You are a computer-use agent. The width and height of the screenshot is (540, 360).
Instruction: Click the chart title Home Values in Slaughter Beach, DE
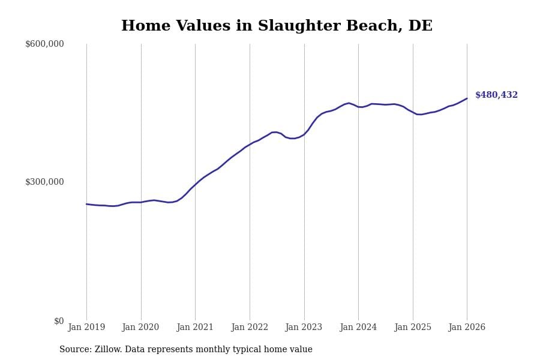click(277, 26)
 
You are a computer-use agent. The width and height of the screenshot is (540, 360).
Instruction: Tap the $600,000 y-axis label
click(44, 44)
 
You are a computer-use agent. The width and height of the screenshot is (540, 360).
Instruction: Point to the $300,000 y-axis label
click(44, 182)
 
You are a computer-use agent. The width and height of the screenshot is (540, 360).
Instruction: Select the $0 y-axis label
click(59, 321)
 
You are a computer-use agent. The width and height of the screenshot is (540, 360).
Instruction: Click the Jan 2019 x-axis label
click(86, 328)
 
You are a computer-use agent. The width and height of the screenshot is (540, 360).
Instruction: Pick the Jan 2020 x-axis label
click(141, 328)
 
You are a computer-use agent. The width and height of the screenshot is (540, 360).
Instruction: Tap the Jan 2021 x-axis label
click(195, 328)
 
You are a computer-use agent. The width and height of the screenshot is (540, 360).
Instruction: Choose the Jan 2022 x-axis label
click(250, 328)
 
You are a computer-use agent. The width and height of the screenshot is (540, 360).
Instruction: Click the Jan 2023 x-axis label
click(304, 328)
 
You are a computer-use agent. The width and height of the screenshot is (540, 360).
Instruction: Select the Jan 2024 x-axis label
click(358, 328)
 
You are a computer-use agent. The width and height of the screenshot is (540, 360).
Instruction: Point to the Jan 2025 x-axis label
click(413, 328)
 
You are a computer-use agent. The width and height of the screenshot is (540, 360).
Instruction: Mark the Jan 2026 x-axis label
click(467, 328)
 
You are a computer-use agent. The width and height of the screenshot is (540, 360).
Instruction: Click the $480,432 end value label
click(496, 95)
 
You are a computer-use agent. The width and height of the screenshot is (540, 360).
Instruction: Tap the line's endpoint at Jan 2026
click(467, 98)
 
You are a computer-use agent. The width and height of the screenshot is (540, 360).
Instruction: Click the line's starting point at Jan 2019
click(86, 204)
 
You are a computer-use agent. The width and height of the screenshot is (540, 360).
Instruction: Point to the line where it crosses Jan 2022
click(250, 144)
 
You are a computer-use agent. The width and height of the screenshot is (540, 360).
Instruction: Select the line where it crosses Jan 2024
click(358, 107)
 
